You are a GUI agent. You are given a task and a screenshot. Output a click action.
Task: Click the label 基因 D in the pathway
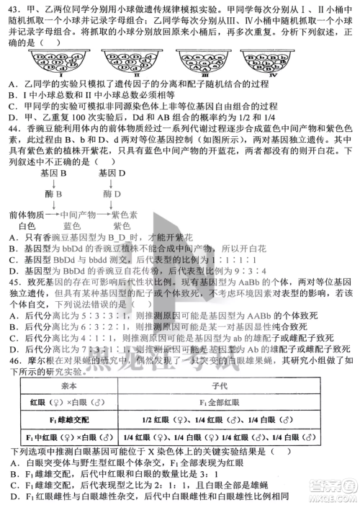(112, 174)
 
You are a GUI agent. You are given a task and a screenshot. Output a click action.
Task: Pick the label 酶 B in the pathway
(53, 195)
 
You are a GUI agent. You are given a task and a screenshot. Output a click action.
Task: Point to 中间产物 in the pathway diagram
(77, 215)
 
